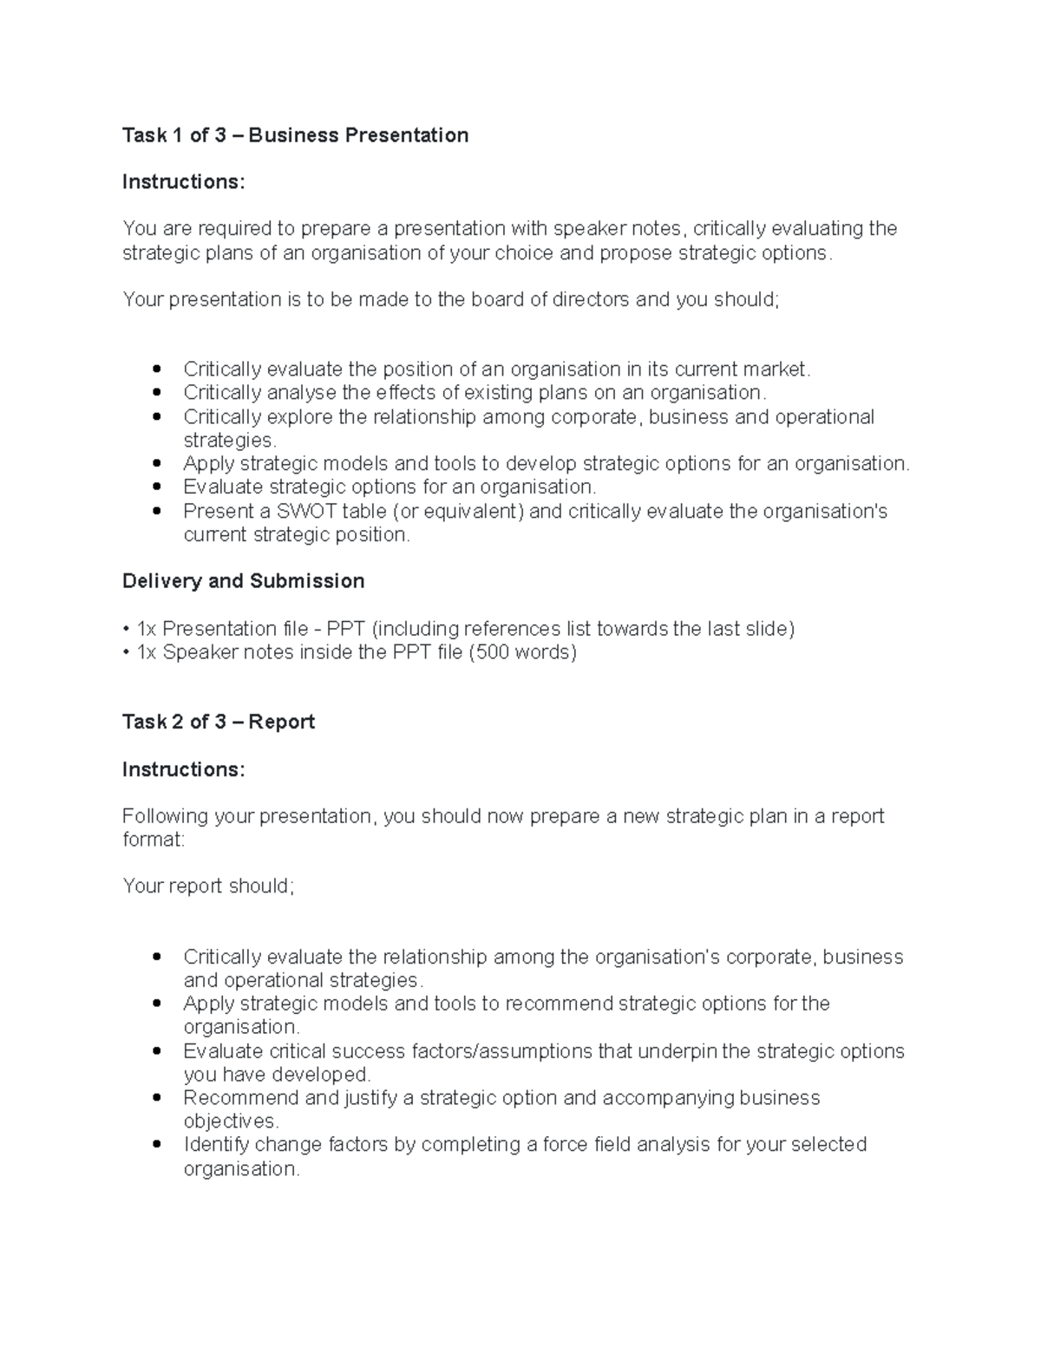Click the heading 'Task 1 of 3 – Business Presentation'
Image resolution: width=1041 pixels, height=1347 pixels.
click(x=295, y=135)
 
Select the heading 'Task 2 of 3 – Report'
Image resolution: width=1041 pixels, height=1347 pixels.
click(x=219, y=722)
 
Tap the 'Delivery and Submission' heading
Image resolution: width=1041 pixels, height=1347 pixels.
click(x=243, y=581)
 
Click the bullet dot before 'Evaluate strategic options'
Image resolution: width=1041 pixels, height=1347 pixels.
click(x=157, y=487)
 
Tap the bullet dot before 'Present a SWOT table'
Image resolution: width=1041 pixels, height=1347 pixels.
click(x=157, y=511)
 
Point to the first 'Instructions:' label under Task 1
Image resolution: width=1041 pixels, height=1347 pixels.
click(x=184, y=182)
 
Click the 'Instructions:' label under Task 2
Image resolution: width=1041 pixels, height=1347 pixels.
click(x=184, y=769)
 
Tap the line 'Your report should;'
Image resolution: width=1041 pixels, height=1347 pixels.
click(x=208, y=886)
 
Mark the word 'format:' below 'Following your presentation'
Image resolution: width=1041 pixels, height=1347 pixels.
click(x=154, y=840)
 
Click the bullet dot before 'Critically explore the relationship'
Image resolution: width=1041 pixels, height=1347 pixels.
click(x=157, y=416)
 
